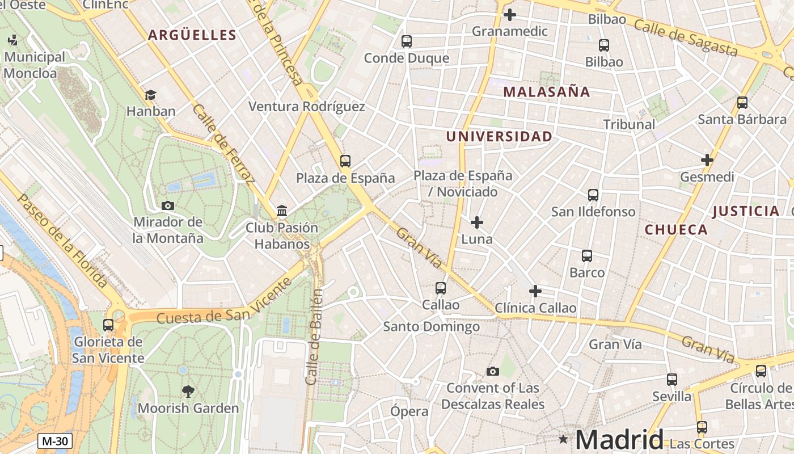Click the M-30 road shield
click(x=55, y=441)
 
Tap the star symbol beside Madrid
click(x=563, y=439)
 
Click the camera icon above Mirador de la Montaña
click(x=168, y=205)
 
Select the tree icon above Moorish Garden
click(x=188, y=391)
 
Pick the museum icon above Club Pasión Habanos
click(x=282, y=211)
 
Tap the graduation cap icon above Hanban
click(x=150, y=95)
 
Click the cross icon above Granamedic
click(x=510, y=14)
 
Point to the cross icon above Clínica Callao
click(x=535, y=291)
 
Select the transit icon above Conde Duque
click(x=406, y=41)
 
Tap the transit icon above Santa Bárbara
click(x=742, y=103)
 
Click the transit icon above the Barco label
click(x=587, y=256)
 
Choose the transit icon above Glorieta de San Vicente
click(x=108, y=325)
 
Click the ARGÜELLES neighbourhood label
click(x=192, y=35)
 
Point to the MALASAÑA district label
click(x=547, y=91)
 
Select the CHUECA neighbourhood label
click(x=676, y=230)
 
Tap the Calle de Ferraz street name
click(x=222, y=144)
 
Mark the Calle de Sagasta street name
click(x=685, y=38)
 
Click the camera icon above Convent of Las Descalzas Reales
click(x=493, y=371)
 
